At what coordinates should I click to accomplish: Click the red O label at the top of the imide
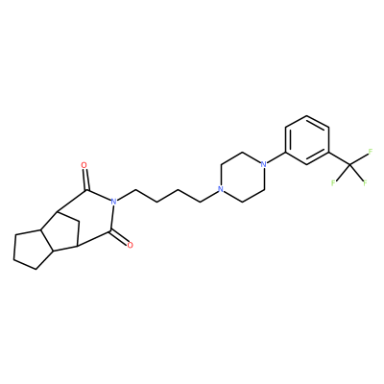click(x=84, y=165)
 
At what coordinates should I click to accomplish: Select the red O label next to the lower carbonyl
click(x=130, y=246)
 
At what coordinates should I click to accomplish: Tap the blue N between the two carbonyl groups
click(x=112, y=202)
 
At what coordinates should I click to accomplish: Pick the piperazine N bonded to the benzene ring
click(x=264, y=164)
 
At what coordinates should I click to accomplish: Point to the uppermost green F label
click(x=371, y=152)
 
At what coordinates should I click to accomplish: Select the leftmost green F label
click(x=333, y=183)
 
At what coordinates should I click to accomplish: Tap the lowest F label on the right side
click(x=365, y=183)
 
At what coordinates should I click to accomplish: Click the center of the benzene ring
click(x=307, y=140)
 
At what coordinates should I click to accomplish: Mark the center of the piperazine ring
click(x=242, y=177)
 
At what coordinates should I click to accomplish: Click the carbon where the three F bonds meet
click(x=350, y=165)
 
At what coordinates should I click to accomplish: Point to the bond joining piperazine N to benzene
click(x=276, y=158)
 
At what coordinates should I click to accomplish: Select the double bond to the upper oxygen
click(x=84, y=180)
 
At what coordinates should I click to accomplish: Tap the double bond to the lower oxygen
click(x=119, y=237)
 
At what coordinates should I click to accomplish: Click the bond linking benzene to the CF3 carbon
click(x=340, y=158)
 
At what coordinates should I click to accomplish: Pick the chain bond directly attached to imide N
click(x=126, y=196)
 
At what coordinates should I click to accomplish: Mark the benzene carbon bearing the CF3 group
click(x=329, y=153)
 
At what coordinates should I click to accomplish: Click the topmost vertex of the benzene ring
click(x=307, y=116)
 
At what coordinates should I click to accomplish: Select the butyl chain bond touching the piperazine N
click(x=209, y=196)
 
